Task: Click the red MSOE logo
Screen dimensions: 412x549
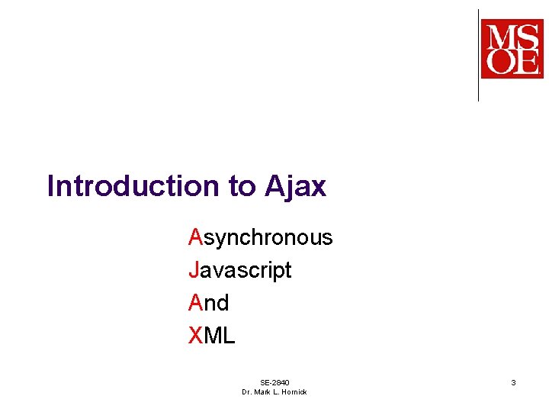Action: pos(512,50)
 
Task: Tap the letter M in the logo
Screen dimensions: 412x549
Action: pos(499,35)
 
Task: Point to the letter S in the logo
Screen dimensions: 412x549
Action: pos(527,35)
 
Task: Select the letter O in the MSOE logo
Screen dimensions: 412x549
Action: pos(499,62)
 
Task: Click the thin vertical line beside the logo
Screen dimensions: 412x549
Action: pos(478,55)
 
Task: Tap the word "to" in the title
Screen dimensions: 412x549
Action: pos(242,186)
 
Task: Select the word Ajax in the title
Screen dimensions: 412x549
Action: pos(296,186)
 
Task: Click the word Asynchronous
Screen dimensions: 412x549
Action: pos(261,237)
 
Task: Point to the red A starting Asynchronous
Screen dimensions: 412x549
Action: pos(195,237)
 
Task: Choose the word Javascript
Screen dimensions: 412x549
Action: pos(240,270)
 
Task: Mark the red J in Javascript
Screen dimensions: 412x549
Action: pos(194,270)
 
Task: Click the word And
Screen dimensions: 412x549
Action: pos(209,303)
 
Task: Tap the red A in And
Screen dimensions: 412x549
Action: pos(195,303)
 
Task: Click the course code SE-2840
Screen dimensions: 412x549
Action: pos(274,382)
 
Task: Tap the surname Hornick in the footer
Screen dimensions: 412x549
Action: pos(292,391)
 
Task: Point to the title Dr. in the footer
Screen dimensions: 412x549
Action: pos(247,391)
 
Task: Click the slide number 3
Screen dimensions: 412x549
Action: pos(513,381)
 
